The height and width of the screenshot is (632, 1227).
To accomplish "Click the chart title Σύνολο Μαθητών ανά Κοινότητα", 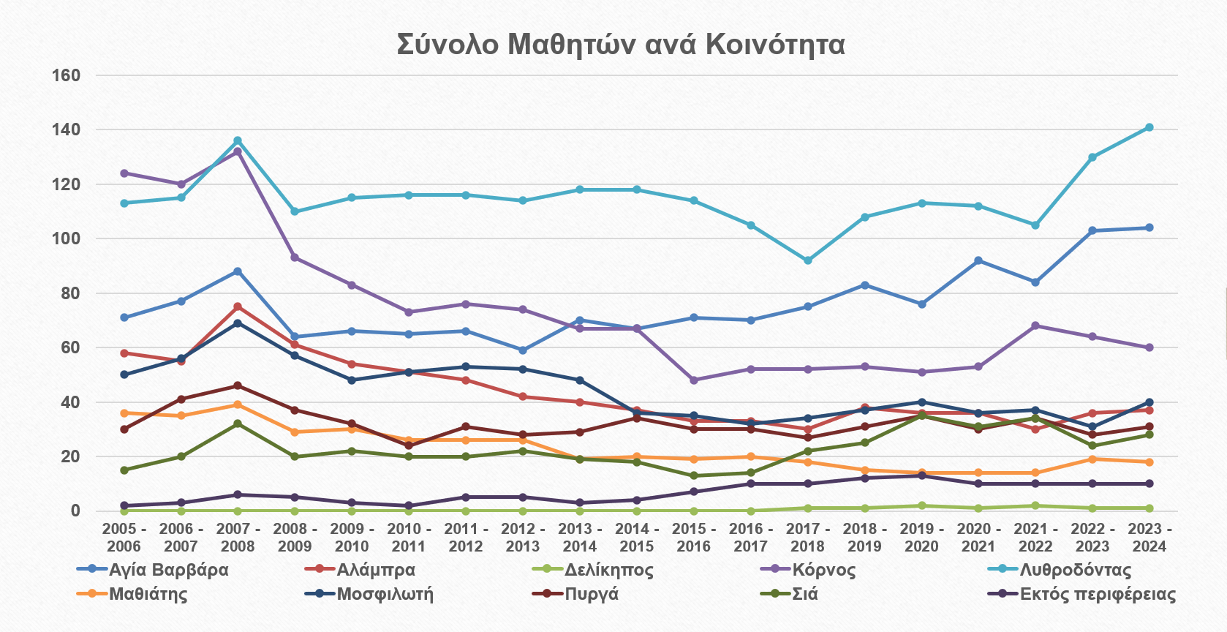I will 621,45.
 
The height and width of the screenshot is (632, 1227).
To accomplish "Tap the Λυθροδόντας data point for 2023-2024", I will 1149,127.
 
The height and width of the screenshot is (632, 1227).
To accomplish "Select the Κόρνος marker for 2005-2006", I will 124,173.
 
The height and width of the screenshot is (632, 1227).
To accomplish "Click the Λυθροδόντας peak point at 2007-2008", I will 238,140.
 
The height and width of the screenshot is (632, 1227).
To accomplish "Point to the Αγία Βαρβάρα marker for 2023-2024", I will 1149,227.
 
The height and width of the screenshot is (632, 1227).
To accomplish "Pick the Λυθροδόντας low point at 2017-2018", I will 808,260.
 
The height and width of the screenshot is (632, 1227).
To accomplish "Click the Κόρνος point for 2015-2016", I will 694,380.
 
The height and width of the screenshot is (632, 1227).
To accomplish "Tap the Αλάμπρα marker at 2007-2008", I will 238,306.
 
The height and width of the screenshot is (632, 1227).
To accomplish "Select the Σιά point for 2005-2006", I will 124,470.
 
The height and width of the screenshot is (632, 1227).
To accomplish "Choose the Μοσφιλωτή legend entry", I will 385,594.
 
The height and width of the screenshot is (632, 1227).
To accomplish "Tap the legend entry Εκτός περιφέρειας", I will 1097,594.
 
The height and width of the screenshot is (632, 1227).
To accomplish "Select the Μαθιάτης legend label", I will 148,594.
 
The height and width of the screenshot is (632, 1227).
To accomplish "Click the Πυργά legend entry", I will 592,594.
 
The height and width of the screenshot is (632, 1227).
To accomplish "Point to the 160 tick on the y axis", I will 66,75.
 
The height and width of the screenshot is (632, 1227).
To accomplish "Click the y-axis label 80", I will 70,293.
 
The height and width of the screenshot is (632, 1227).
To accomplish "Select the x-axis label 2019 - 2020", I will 921,538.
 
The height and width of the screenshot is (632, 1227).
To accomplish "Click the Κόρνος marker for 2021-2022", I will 1035,326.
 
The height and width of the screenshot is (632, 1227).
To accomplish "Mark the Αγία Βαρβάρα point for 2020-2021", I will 978,260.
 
